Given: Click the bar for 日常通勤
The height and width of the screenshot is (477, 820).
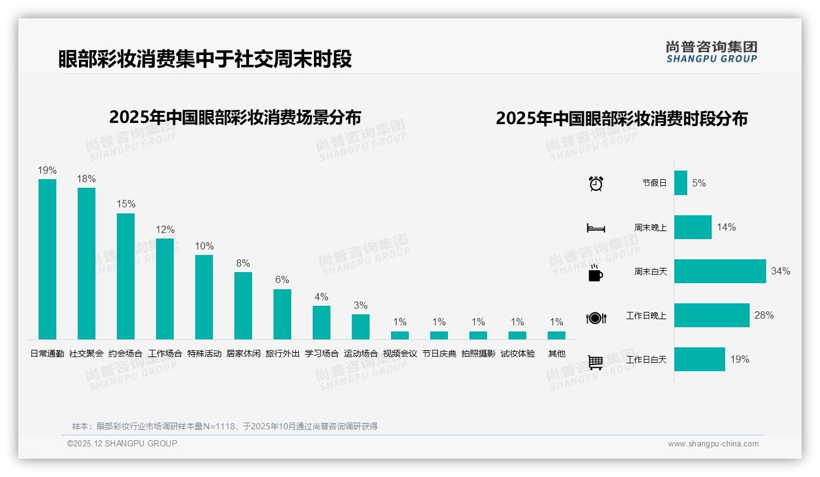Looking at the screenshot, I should (x=47, y=259).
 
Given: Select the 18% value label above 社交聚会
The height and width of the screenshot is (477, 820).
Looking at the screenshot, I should (x=86, y=179).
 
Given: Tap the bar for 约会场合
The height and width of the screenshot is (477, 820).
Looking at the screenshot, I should (x=125, y=276).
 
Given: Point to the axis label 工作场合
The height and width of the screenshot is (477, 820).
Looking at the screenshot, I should (x=165, y=353).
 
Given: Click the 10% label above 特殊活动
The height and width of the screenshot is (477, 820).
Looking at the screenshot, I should (x=204, y=246).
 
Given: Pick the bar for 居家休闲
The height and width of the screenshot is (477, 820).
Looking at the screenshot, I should (x=243, y=305).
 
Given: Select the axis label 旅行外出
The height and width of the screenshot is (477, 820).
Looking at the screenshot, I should (x=282, y=353).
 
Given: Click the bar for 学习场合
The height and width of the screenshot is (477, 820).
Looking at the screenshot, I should (x=321, y=322).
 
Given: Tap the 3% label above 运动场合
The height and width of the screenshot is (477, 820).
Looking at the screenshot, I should (x=360, y=306).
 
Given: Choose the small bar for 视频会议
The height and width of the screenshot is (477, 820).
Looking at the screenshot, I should (x=400, y=335).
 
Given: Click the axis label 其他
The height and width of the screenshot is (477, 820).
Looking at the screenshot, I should (x=556, y=353).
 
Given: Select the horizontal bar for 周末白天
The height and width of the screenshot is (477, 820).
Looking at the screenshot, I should (x=720, y=272).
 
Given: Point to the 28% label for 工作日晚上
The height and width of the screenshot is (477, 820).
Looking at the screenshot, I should (x=764, y=316).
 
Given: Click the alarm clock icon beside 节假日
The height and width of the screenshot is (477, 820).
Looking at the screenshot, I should (x=595, y=183).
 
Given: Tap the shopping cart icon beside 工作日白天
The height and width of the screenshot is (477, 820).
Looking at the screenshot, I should (x=595, y=363).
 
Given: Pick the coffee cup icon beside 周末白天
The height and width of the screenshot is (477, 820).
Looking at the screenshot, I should (x=595, y=273).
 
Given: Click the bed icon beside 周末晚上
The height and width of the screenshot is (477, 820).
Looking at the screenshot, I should (x=595, y=228).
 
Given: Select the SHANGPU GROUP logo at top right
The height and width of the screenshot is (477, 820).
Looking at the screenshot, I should (x=711, y=52).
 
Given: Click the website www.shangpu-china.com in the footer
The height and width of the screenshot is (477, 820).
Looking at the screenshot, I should (x=713, y=444).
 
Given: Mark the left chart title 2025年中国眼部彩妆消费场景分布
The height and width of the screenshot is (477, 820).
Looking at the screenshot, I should (x=235, y=117).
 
